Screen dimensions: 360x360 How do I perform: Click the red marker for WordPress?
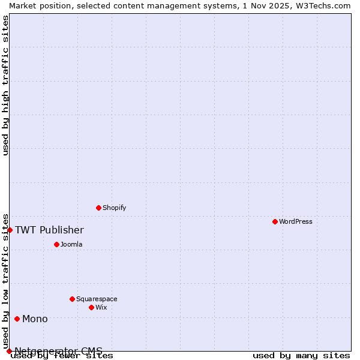(275, 221)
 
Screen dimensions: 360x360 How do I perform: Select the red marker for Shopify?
(98, 208)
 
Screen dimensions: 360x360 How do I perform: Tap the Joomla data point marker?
(56, 244)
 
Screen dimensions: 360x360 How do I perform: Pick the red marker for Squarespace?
(72, 299)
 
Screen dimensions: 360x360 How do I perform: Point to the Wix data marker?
(91, 307)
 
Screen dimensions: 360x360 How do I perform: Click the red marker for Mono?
(17, 319)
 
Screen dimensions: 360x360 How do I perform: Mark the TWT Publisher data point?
(10, 230)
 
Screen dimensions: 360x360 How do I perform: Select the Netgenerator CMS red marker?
(9, 351)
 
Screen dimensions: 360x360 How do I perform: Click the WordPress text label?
(296, 221)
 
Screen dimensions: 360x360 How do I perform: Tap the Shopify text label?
(115, 208)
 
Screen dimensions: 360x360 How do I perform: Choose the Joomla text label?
(71, 244)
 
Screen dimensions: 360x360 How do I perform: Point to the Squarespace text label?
(97, 299)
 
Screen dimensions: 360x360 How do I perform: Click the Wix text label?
(101, 307)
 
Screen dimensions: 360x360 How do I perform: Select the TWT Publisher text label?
(49, 230)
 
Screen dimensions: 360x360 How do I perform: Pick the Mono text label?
(35, 319)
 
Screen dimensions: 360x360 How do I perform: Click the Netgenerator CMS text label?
(58, 351)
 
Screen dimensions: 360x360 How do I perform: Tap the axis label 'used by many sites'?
(301, 356)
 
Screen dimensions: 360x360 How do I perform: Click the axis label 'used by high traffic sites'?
(5, 85)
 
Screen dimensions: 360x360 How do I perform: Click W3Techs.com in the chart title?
(322, 5)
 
